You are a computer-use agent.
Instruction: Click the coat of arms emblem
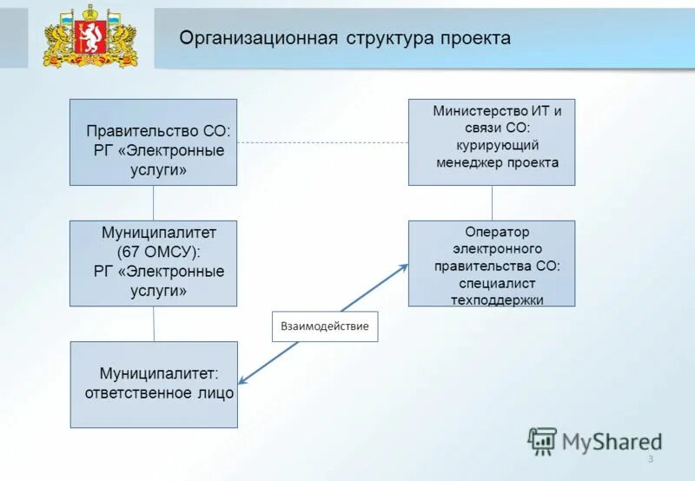point(90,36)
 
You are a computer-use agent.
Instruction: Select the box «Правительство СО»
point(153,142)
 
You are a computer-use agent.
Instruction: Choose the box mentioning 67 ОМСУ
point(153,263)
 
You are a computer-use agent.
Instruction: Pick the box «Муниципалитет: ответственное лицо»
point(154,384)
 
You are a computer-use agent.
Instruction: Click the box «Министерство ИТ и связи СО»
point(492,142)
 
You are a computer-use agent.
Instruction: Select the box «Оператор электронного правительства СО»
point(492,263)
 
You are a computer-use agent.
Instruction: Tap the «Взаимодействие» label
point(325,326)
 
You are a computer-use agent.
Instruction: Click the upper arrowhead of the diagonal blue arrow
point(403,267)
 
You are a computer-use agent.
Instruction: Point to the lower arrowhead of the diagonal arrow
point(243,380)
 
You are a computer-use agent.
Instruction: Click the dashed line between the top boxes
point(321,142)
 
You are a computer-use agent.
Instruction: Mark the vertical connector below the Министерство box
point(492,202)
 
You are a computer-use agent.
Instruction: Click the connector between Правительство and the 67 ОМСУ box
point(153,202)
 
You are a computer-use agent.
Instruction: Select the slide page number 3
point(649,458)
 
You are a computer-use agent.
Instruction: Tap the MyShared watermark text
point(612,442)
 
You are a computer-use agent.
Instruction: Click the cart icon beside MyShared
point(542,441)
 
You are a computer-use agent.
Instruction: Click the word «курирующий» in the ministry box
point(498,145)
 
